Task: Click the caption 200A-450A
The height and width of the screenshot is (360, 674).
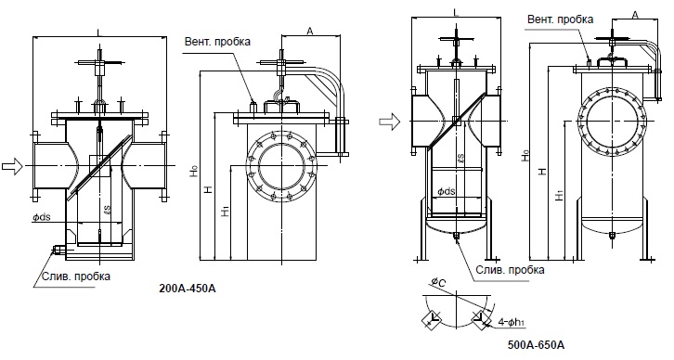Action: [x=188, y=289]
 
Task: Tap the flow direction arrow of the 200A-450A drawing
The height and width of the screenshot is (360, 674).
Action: [x=12, y=166]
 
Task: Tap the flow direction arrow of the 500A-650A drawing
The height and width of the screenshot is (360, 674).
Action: [x=389, y=122]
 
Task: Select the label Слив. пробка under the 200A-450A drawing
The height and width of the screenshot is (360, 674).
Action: [x=75, y=276]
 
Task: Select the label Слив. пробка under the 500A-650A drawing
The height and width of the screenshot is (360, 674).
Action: [x=511, y=270]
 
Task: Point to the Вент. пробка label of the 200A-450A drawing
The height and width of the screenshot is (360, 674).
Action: [x=217, y=42]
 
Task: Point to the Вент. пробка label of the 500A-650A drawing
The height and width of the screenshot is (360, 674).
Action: [x=561, y=19]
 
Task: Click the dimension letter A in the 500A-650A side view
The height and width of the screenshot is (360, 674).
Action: [x=635, y=15]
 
